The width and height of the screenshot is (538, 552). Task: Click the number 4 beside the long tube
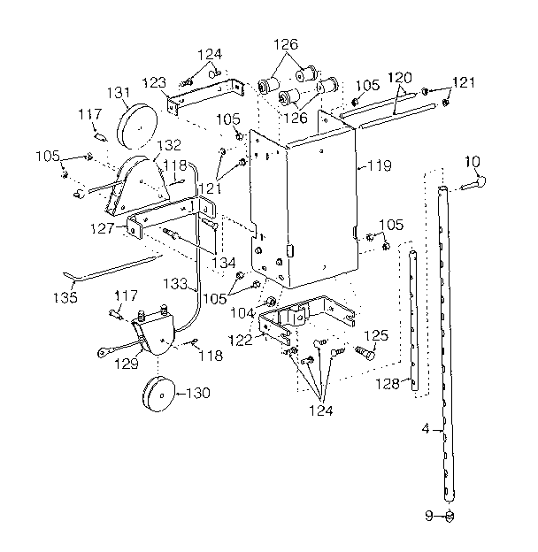tap(426, 429)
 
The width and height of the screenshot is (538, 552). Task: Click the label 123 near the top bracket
tap(154, 82)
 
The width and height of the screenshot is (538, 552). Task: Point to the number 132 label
tap(170, 145)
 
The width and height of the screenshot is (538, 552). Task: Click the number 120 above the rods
tap(402, 79)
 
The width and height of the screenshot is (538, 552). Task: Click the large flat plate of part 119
tap(305, 203)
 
